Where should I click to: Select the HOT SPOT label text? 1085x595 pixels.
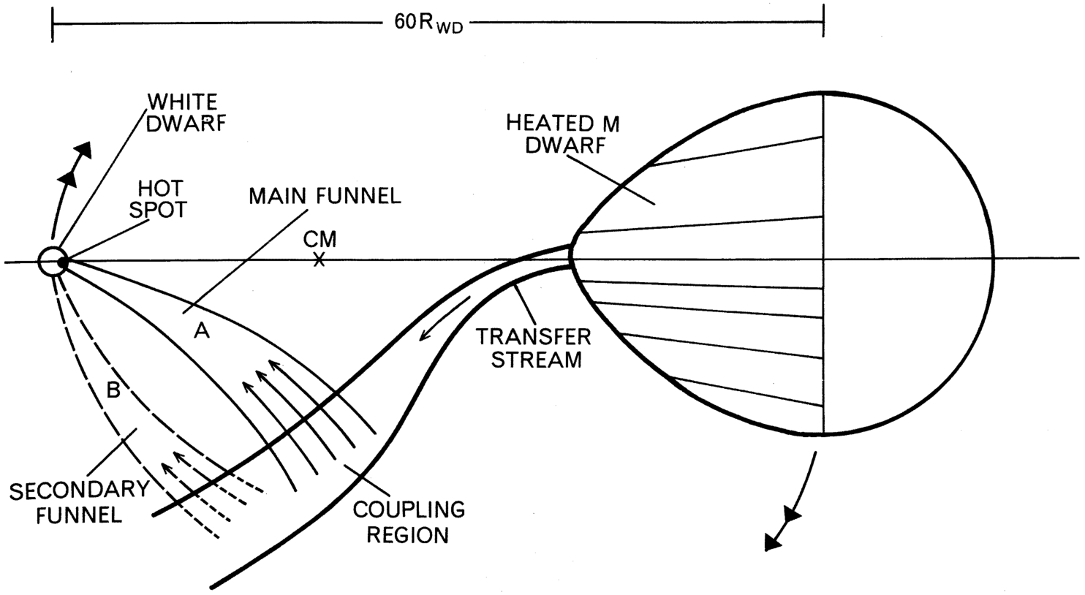[157, 199]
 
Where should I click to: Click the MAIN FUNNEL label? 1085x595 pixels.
[324, 196]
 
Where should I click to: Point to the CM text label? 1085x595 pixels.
[320, 240]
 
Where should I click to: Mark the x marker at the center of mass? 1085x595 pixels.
[320, 259]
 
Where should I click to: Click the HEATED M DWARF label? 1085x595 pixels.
[562, 134]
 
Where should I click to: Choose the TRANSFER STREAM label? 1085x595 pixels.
[533, 348]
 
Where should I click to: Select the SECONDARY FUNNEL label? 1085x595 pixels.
[68, 501]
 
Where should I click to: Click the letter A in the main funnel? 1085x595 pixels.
[202, 331]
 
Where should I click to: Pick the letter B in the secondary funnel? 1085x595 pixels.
[113, 390]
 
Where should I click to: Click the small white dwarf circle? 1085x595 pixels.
[51, 261]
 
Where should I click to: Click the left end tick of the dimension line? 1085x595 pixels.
[53, 25]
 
